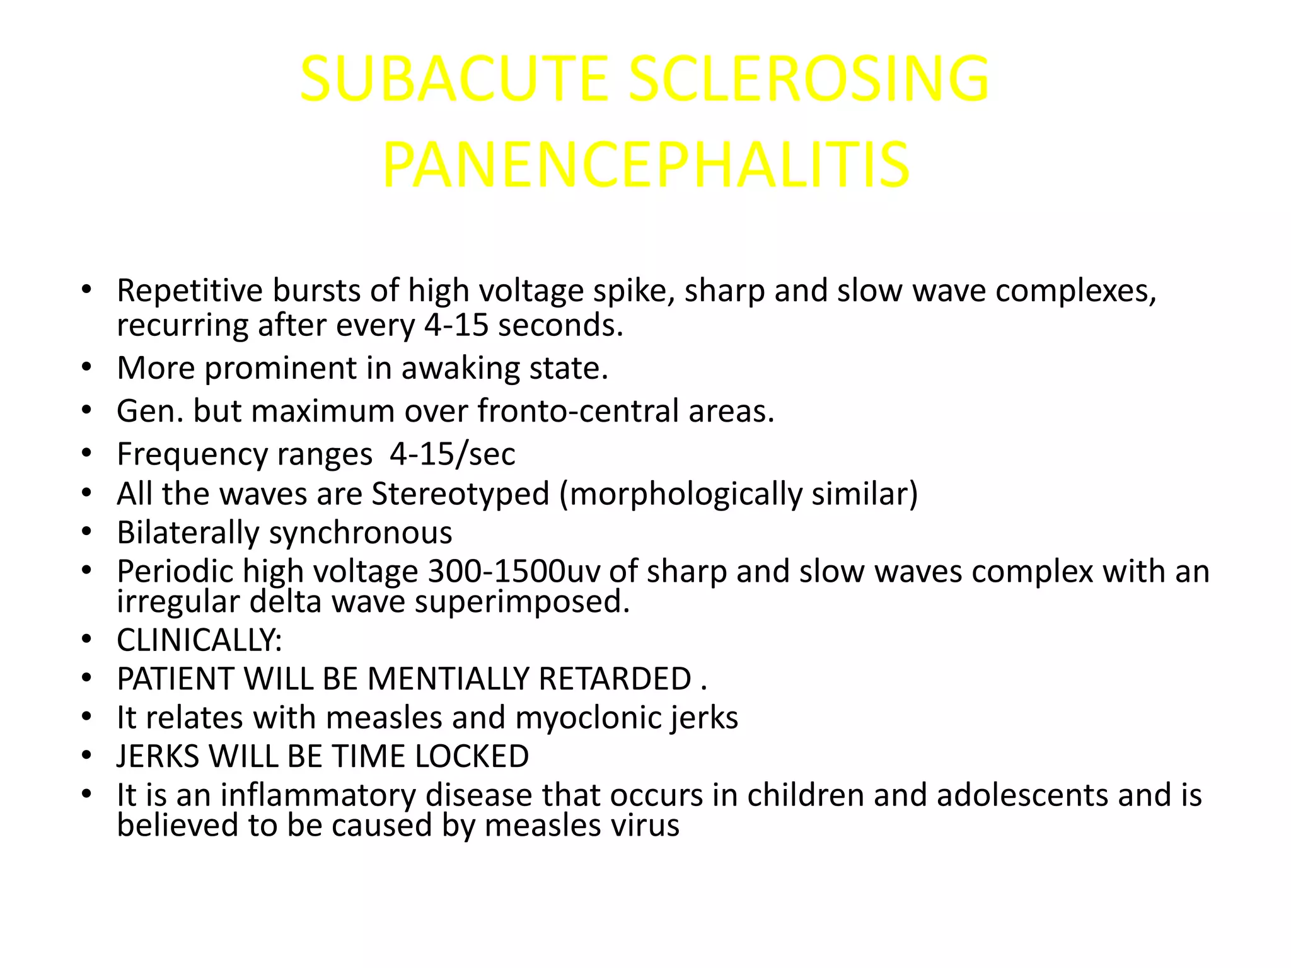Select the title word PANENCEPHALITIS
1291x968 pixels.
(645, 165)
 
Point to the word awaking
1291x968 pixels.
(461, 368)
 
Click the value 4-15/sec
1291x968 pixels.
(452, 454)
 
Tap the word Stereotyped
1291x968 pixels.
(460, 493)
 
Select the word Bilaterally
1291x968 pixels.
(188, 533)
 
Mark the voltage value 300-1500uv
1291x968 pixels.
(513, 572)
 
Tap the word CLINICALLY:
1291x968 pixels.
(199, 640)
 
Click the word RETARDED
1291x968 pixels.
(615, 679)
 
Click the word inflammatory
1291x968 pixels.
(318, 795)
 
